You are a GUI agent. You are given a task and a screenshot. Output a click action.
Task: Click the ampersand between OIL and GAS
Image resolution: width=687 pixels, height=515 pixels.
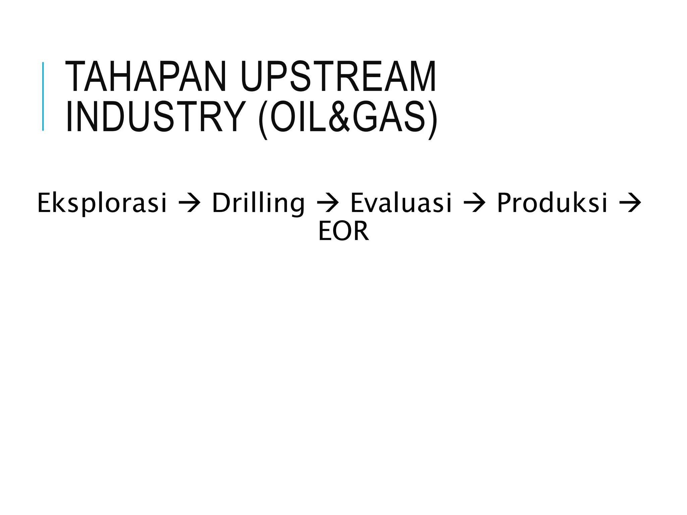tap(339, 117)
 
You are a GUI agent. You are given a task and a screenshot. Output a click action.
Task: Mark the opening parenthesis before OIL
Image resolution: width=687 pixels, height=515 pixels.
tap(263, 119)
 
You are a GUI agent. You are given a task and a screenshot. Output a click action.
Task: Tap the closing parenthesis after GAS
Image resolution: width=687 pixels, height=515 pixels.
tap(433, 119)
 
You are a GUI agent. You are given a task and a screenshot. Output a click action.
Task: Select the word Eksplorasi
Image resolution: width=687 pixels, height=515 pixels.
tap(102, 203)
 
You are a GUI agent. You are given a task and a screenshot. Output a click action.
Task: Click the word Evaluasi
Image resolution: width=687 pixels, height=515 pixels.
tap(401, 203)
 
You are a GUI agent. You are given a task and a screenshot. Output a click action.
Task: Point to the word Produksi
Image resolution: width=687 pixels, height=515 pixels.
tap(552, 203)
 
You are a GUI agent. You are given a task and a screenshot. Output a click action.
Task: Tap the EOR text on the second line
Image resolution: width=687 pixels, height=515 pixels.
tap(343, 231)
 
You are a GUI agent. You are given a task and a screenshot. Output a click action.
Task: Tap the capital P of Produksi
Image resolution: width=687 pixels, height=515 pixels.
tap(505, 203)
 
